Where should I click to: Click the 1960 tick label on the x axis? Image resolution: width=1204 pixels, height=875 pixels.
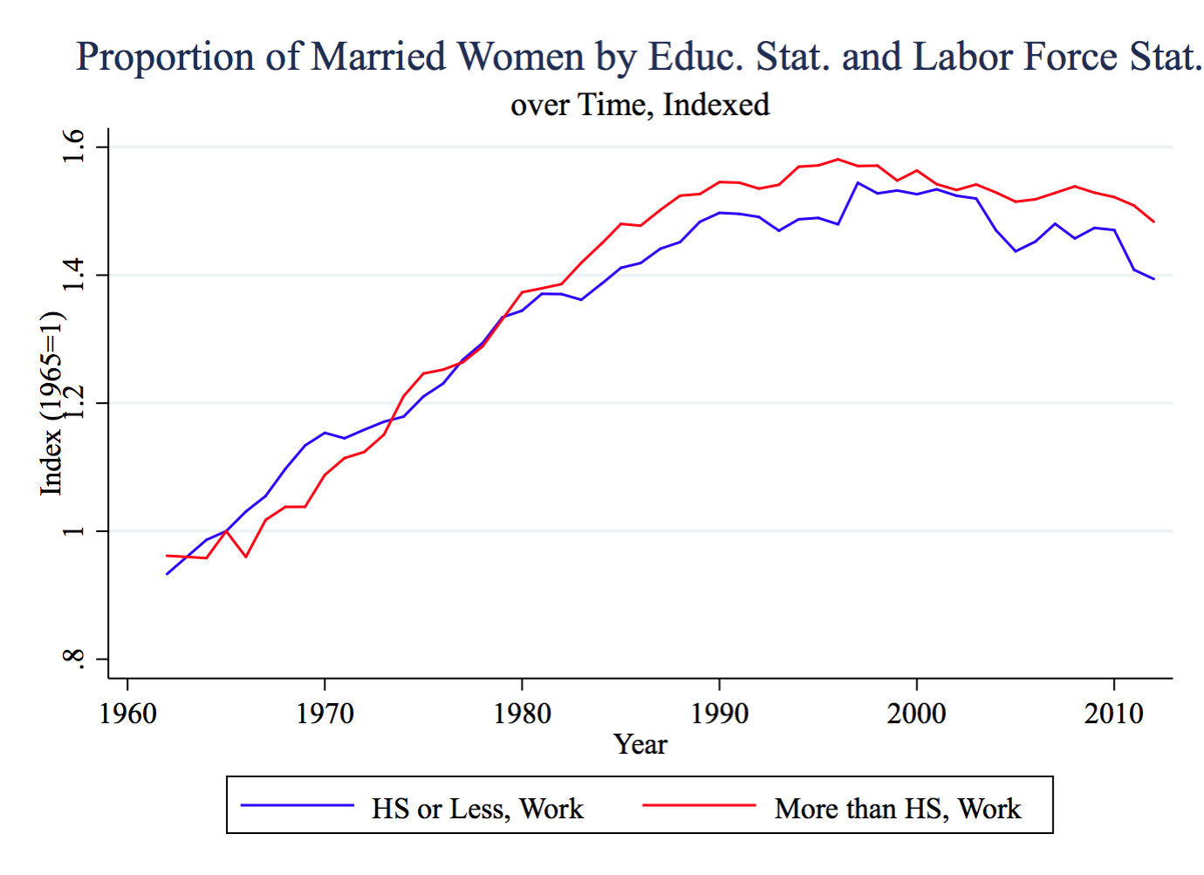(127, 714)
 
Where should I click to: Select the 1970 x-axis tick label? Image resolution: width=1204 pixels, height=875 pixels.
(325, 714)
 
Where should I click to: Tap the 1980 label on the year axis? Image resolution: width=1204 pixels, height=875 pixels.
(522, 714)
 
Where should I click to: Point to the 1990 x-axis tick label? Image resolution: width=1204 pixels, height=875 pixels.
(719, 714)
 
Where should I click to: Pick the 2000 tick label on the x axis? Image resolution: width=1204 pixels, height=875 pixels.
(916, 714)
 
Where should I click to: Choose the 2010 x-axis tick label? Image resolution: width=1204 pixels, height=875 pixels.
(1113, 714)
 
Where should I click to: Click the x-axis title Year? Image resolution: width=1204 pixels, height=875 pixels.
(640, 744)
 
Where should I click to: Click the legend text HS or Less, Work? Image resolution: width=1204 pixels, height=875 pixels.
(477, 809)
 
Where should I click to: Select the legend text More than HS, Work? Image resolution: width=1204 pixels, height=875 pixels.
(897, 809)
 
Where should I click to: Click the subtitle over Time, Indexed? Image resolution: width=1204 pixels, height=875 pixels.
(640, 105)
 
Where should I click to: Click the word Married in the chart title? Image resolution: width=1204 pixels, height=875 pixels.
(378, 58)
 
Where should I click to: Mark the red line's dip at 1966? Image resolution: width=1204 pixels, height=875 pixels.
(246, 557)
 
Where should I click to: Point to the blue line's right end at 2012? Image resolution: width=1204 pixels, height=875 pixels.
(1153, 279)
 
